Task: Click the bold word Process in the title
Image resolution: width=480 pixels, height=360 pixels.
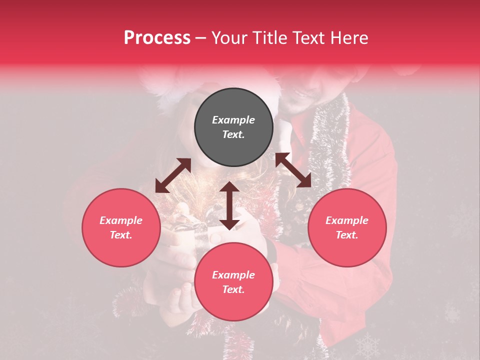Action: pyautogui.click(x=157, y=38)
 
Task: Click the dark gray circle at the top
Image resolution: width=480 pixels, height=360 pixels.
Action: pyautogui.click(x=233, y=127)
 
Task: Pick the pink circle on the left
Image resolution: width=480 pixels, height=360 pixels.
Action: pyautogui.click(x=121, y=227)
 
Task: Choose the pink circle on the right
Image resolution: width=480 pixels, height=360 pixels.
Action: pyautogui.click(x=347, y=227)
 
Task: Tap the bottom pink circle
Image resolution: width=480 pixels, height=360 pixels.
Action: pyautogui.click(x=233, y=282)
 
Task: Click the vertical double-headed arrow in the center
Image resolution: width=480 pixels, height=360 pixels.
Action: pyautogui.click(x=229, y=205)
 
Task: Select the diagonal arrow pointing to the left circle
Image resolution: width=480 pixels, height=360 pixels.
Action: pyautogui.click(x=173, y=175)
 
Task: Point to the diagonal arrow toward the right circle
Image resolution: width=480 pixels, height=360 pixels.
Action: pyautogui.click(x=293, y=170)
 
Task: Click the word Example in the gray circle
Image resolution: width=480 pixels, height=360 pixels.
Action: pyautogui.click(x=233, y=120)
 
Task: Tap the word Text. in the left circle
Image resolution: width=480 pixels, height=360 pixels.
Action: pyautogui.click(x=121, y=235)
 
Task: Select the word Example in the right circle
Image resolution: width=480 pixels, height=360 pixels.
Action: pyautogui.click(x=347, y=220)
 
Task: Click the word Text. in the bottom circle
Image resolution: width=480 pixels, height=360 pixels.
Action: pyautogui.click(x=233, y=289)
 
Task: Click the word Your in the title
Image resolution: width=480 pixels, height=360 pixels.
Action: pyautogui.click(x=228, y=38)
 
